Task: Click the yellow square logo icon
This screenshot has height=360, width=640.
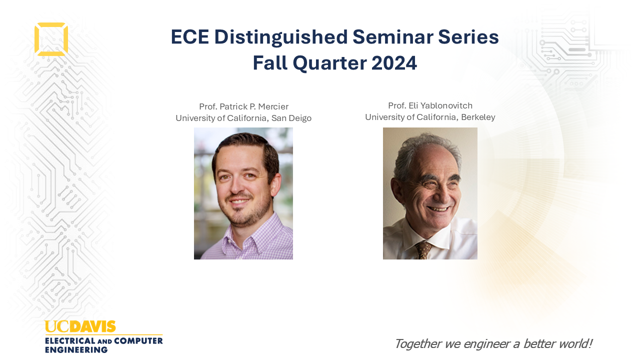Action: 35,39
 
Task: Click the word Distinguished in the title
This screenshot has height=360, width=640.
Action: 281,37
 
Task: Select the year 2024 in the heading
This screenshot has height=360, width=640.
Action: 394,63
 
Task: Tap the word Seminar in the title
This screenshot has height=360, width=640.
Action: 393,37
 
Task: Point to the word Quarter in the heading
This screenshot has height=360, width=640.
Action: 329,63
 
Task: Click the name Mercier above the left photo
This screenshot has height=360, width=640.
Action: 273,106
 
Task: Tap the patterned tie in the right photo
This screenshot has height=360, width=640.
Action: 423,250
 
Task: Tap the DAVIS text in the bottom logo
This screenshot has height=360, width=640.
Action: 92,327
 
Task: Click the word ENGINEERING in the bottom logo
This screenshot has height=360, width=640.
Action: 76,349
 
